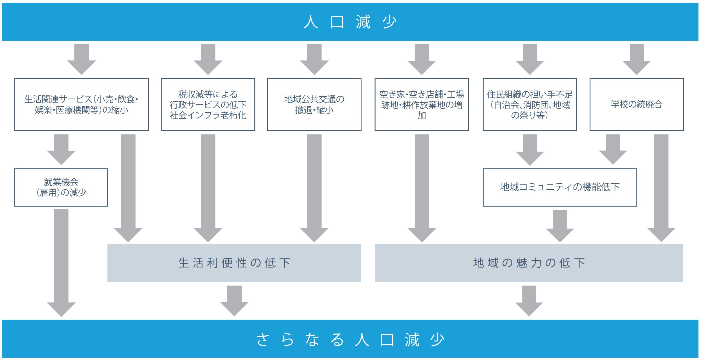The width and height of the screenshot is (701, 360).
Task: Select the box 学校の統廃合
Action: [636, 104]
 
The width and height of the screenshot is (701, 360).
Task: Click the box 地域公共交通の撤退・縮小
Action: [314, 104]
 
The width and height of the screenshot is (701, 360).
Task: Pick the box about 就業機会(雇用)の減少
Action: [61, 187]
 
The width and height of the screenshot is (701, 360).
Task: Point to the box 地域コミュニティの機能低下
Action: [559, 187]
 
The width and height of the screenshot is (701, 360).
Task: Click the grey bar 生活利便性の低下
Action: [234, 263]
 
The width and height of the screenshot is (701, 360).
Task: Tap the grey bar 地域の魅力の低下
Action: [529, 263]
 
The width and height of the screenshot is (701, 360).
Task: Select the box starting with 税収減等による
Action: [208, 104]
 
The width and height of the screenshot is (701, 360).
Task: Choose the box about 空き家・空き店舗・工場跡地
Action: [422, 104]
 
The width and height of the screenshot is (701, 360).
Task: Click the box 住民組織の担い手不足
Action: [530, 104]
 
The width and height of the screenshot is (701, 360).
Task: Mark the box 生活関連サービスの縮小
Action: [81, 104]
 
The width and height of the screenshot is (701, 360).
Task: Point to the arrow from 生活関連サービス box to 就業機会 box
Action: [61, 150]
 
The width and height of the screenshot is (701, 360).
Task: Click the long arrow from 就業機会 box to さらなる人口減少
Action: [61, 262]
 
